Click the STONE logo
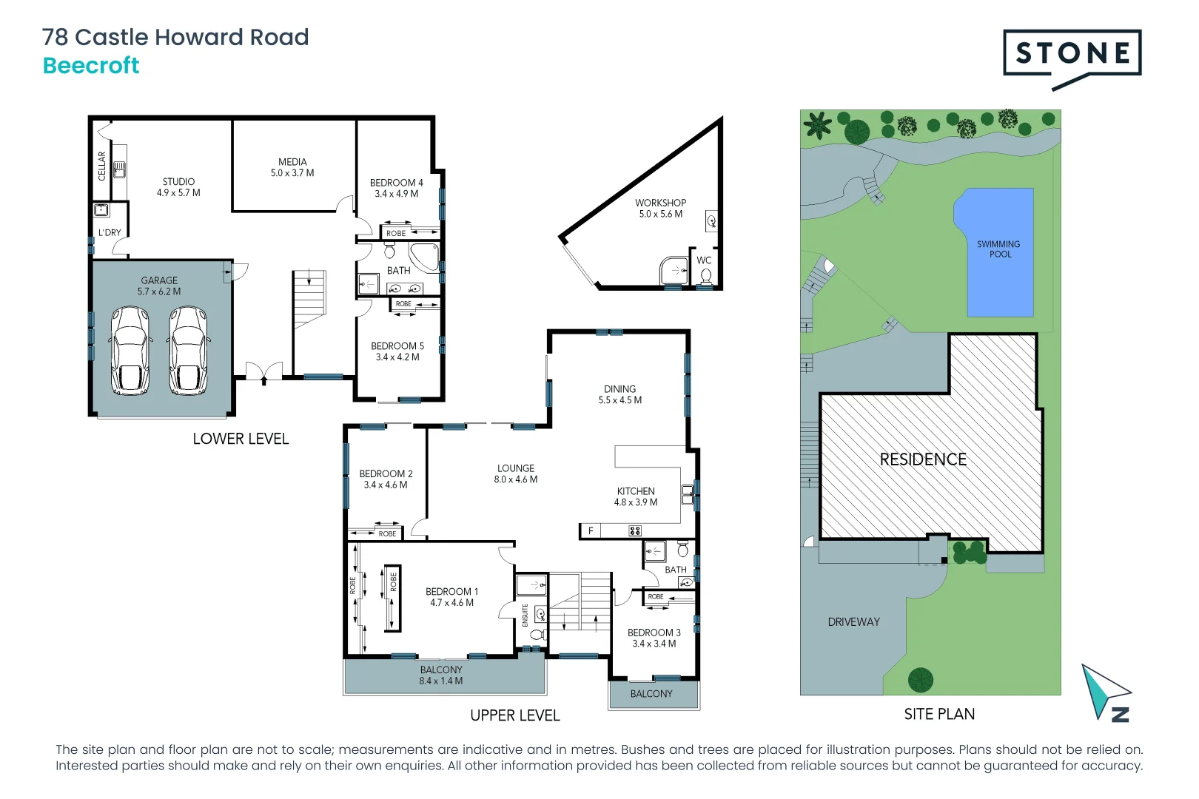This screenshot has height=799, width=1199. [x=1072, y=53]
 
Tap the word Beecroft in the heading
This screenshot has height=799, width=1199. [x=91, y=66]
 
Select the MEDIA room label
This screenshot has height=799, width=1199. [x=292, y=162]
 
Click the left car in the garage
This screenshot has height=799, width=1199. [x=130, y=351]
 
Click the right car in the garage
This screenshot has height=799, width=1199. [x=189, y=351]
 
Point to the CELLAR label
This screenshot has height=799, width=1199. [x=102, y=166]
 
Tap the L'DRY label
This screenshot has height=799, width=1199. [x=110, y=232]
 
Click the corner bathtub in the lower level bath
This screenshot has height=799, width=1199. [x=425, y=256]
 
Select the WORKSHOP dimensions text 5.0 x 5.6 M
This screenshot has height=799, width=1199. [x=661, y=214]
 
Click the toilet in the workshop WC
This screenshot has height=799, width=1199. [x=706, y=276]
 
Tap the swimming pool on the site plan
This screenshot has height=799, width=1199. [x=999, y=252]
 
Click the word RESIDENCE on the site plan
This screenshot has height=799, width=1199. [x=923, y=459]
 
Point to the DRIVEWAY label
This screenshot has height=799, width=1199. [x=853, y=622]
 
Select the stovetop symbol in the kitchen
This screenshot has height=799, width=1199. [x=635, y=530]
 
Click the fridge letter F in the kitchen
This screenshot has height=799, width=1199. [x=591, y=530]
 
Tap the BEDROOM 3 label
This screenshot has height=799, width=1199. [x=654, y=633]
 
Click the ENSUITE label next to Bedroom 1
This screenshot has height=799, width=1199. [x=525, y=615]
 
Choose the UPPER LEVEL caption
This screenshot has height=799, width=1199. [x=515, y=715]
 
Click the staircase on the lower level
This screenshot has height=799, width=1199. [x=309, y=300]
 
